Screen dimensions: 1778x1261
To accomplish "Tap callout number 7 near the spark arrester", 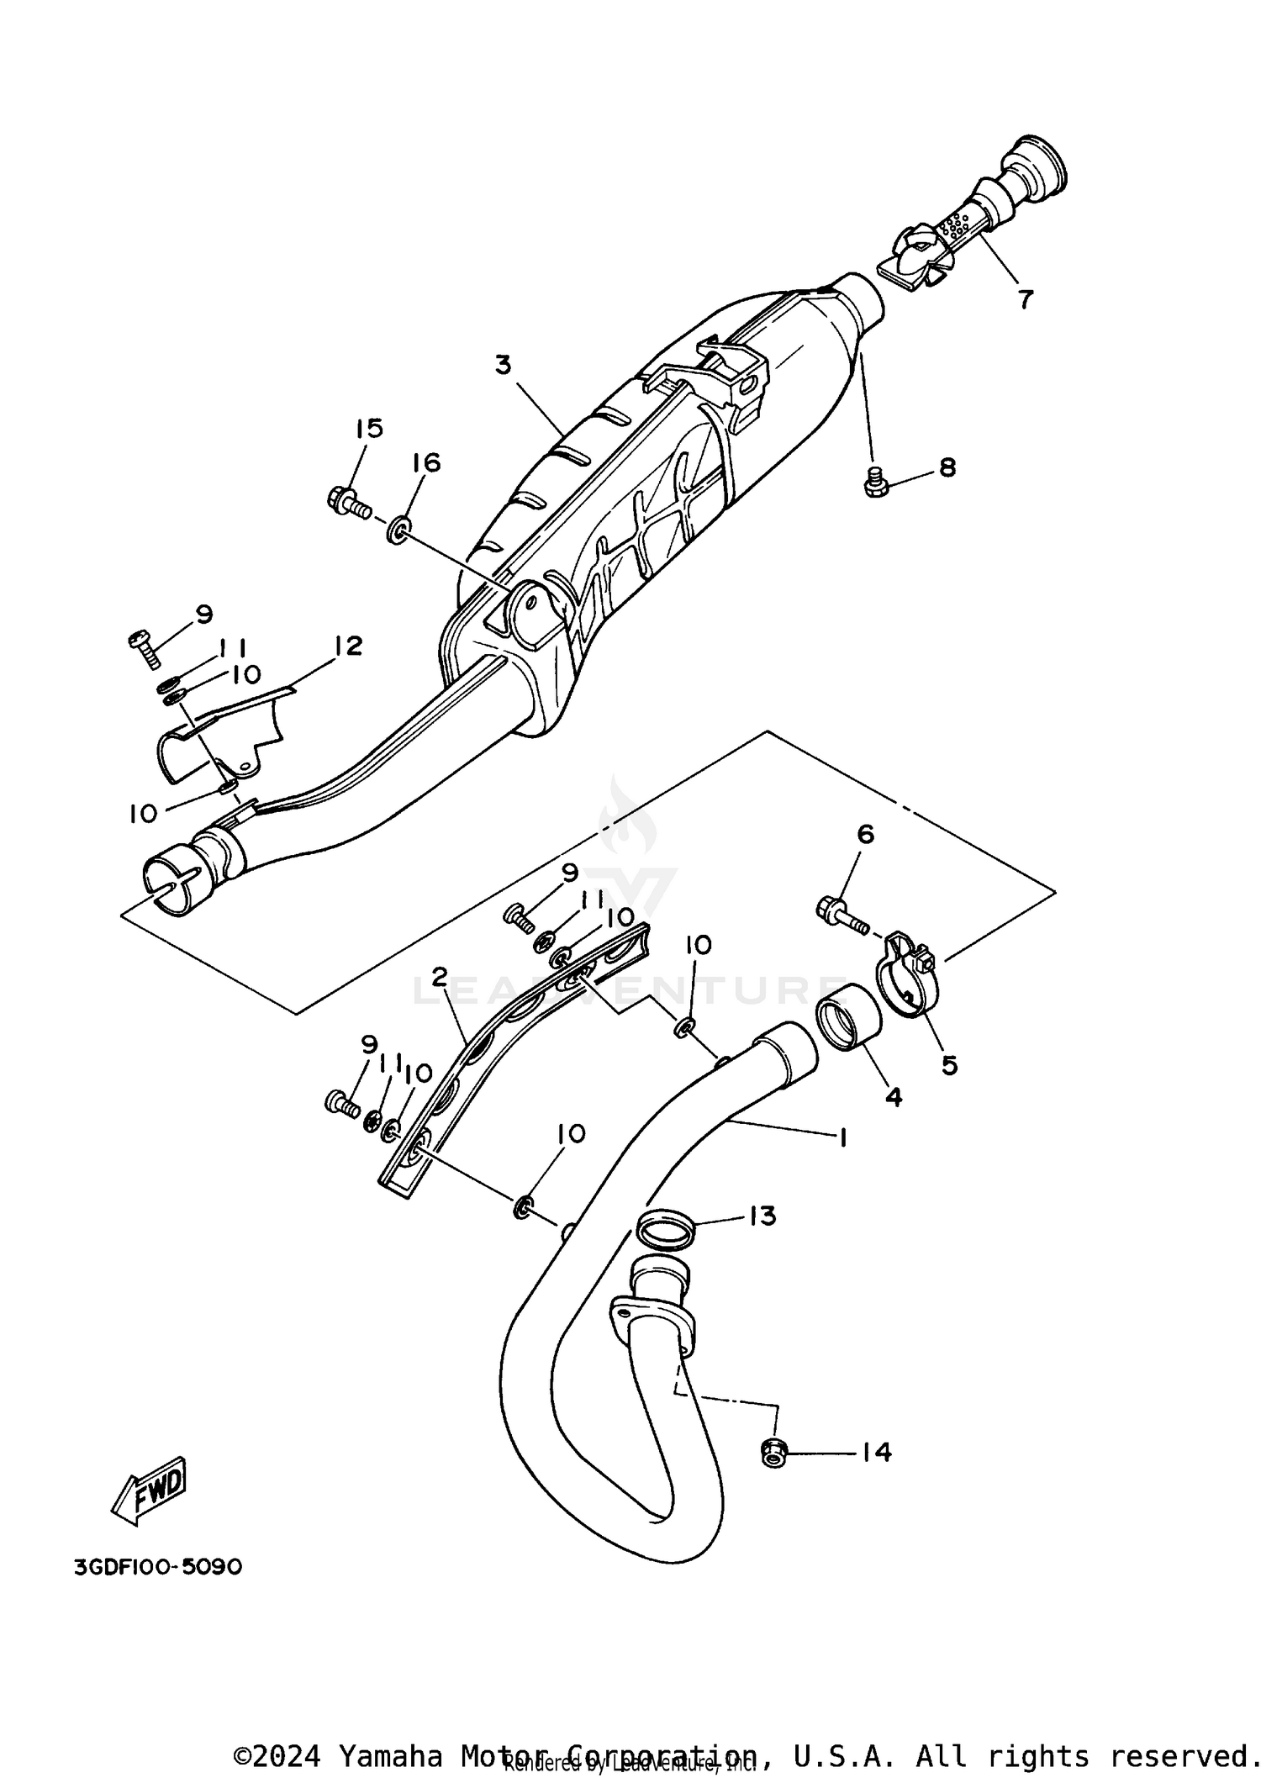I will (x=1024, y=299).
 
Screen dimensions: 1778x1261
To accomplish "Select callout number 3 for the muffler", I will (x=503, y=366).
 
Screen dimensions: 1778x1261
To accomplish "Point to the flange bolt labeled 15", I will (x=346, y=502).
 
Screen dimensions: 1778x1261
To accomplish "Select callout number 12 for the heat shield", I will (x=347, y=646).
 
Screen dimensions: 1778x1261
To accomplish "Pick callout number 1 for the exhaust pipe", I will (x=842, y=1137).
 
